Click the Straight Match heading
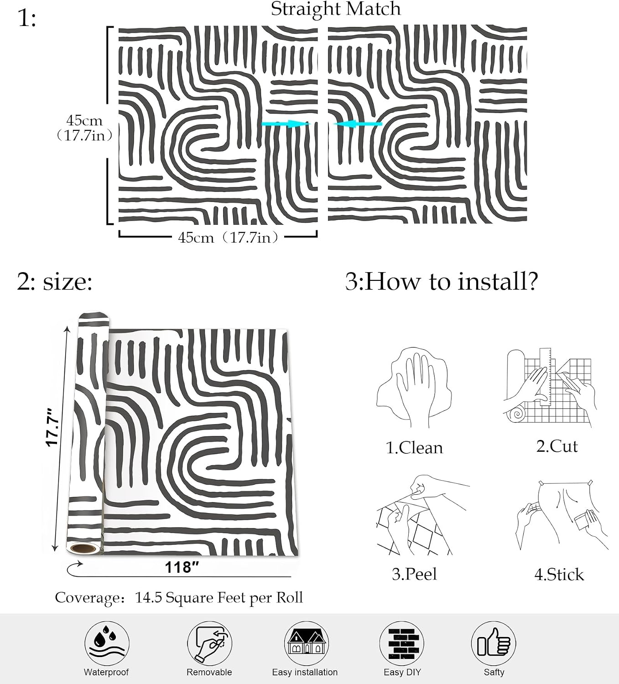336,9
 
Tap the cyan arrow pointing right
286,124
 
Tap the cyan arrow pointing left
358,124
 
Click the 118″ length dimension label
182,568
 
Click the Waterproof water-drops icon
107,643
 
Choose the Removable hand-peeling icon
209,643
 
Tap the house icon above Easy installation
306,643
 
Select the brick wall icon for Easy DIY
401,643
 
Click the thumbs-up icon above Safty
494,643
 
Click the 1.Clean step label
414,448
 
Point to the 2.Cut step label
557,446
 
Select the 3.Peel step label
414,574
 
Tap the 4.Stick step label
559,575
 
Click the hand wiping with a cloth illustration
414,388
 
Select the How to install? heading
451,282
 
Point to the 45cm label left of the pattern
84,120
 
